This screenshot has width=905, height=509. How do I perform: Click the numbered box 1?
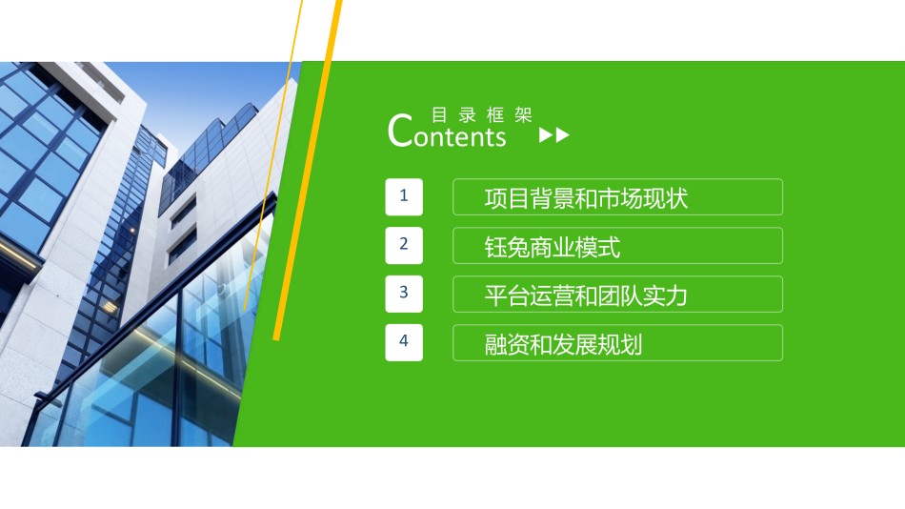pos(404,197)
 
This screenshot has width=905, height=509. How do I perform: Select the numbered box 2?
pos(404,246)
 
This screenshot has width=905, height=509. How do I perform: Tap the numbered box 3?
pos(404,295)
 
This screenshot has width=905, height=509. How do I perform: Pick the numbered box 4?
pos(404,342)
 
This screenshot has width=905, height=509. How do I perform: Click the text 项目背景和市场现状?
pos(586,198)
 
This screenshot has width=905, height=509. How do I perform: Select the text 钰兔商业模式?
pos(553,247)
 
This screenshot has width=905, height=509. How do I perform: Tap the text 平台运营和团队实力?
pos(586,295)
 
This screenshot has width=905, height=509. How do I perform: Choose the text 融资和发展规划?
pos(563,344)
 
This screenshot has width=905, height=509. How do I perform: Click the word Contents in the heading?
pos(447,132)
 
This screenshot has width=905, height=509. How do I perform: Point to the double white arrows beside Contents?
pos(554,135)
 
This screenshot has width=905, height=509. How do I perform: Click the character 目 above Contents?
pos(439,115)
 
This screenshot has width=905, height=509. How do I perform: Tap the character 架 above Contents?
pos(523,115)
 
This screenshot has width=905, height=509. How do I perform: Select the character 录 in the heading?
pos(468,115)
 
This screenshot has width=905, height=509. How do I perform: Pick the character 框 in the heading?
pos(495,115)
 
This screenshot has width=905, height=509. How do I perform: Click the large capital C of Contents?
pos(400,131)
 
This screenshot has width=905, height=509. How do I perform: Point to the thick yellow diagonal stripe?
pos(308,171)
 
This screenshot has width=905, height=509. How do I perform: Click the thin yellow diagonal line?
pos(273,154)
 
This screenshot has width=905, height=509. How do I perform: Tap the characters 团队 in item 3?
pos(620,295)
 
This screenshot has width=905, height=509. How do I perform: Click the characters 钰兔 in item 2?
pos(507,247)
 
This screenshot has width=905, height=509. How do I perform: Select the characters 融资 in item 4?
pos(507,344)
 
